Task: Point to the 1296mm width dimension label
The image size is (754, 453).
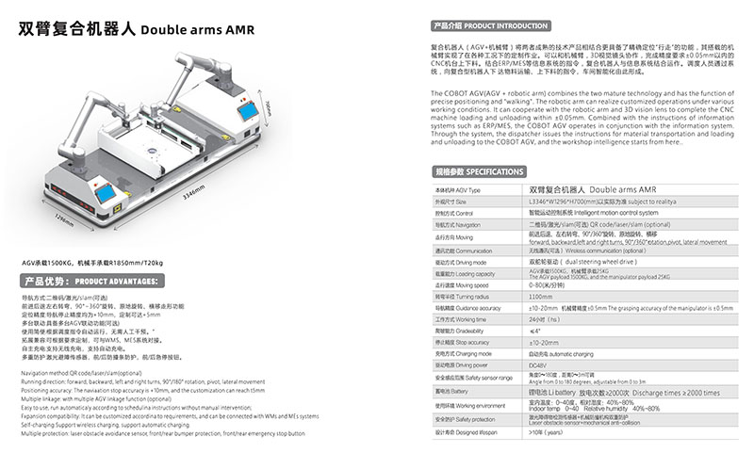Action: click(61, 218)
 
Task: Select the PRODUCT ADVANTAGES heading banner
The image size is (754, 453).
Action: click(94, 281)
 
